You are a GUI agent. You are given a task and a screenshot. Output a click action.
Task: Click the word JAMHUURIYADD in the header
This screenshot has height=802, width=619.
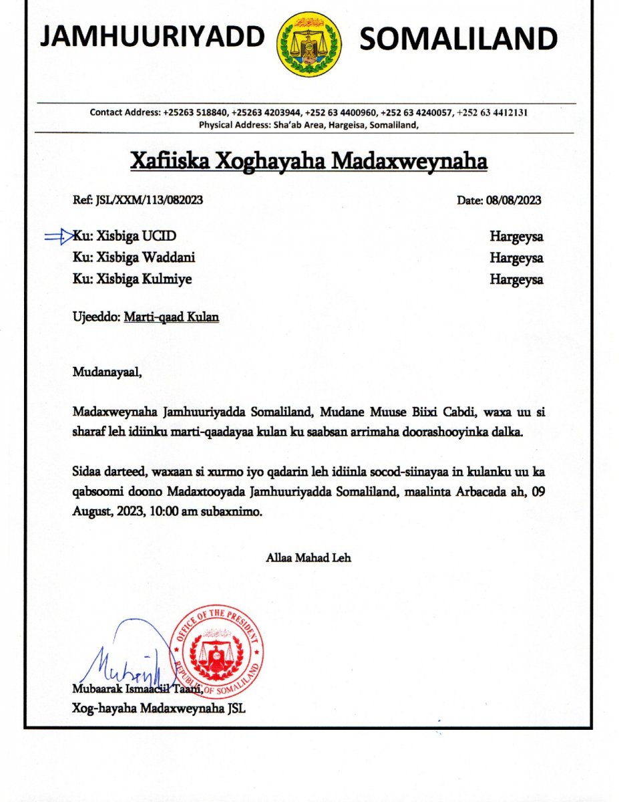152,38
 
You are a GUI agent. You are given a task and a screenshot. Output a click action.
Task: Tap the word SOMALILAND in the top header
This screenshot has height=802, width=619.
458,40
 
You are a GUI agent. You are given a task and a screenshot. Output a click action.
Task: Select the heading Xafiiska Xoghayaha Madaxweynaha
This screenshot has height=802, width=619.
308,162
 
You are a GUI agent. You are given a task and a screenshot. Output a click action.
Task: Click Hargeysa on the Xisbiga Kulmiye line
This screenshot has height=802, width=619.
516,279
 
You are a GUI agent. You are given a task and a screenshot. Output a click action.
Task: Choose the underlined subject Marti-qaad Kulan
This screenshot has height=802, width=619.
171,317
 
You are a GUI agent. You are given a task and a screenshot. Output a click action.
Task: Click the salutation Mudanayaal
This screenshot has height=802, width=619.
108,372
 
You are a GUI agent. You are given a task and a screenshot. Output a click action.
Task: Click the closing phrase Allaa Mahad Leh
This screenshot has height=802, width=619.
308,557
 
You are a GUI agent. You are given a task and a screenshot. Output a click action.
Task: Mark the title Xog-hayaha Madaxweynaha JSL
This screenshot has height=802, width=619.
159,709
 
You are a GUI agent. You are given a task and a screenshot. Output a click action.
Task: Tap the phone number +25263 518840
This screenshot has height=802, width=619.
194,112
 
